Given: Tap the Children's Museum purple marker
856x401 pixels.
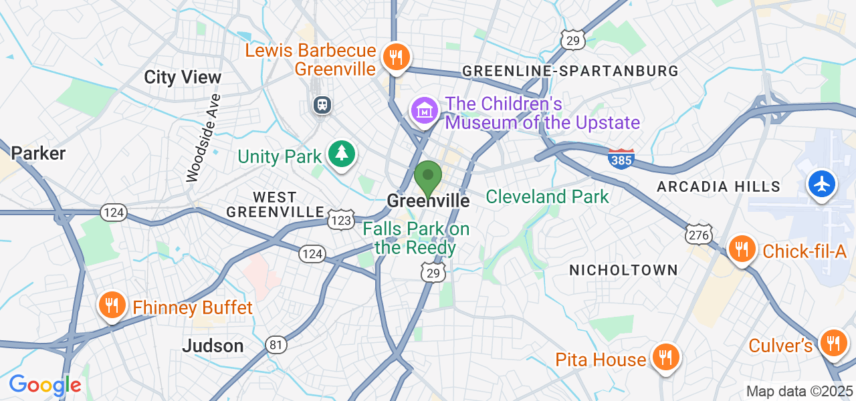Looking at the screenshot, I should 425,111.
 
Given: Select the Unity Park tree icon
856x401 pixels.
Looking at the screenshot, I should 342,154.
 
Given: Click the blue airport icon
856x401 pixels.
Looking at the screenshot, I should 821,183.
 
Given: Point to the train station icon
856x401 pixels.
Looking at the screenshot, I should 322,104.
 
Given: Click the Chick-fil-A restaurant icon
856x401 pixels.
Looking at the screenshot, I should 741,249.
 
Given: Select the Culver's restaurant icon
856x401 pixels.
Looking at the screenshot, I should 833,344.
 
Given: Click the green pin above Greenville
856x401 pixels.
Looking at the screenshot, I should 428,177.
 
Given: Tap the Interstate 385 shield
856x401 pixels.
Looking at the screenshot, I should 621,158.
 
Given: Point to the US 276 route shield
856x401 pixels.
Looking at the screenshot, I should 698,234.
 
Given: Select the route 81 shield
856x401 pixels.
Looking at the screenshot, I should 276,345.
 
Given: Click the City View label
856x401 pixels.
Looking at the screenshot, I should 183,78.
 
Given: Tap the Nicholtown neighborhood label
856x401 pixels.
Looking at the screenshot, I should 623,270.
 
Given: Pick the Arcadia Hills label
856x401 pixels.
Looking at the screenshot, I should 718,186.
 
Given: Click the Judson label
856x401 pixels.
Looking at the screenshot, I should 213,346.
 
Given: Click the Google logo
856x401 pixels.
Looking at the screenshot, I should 45,385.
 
